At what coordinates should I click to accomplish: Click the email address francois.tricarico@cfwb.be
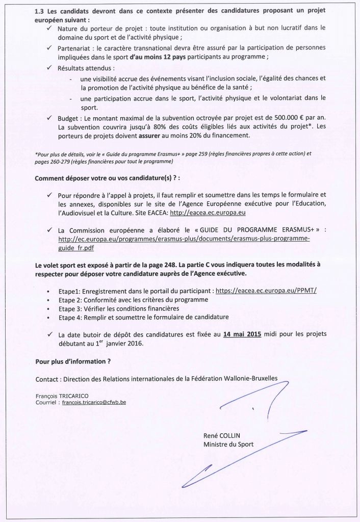[94, 402]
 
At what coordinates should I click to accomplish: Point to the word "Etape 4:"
[71, 317]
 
